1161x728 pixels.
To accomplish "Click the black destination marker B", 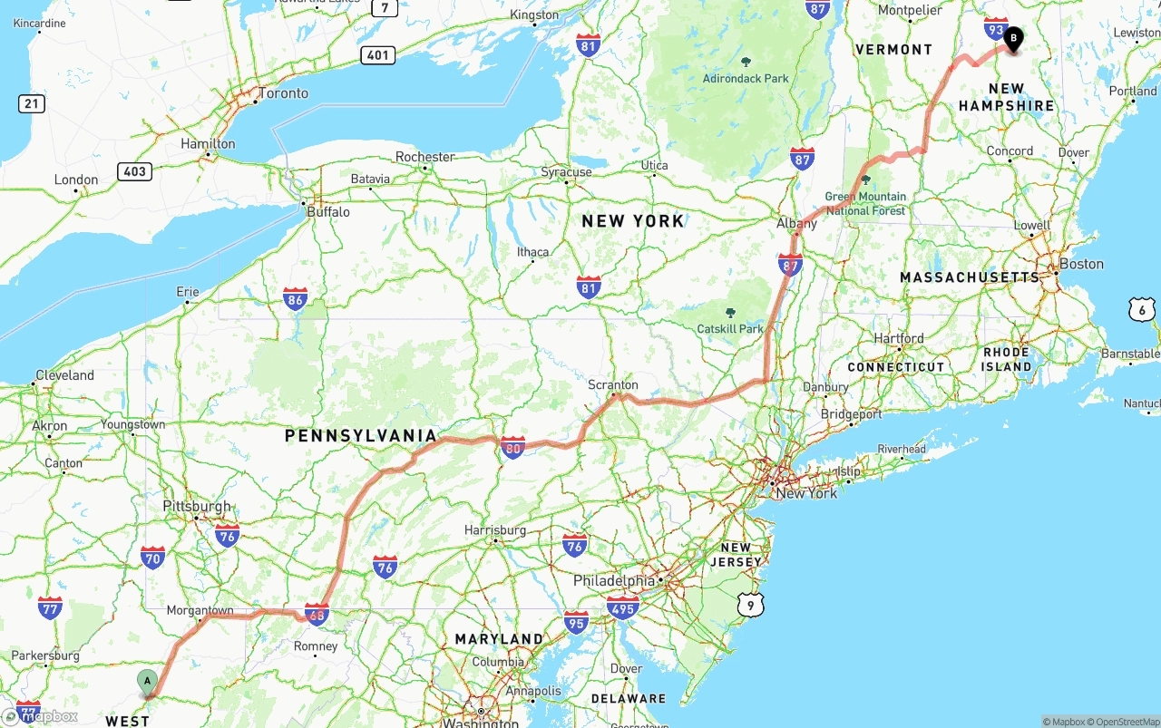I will click(x=1012, y=39).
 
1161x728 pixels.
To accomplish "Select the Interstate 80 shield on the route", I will click(x=513, y=446).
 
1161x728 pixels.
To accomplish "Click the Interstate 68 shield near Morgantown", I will click(x=317, y=614).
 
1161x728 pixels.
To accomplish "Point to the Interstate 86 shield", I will click(x=295, y=298).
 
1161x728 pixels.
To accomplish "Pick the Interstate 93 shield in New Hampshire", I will click(x=996, y=29).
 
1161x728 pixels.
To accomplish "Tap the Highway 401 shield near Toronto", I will click(x=377, y=55).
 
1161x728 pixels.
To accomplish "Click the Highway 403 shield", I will click(x=134, y=170).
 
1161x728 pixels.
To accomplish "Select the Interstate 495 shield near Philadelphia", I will click(x=623, y=607).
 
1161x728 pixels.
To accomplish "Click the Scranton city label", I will click(x=613, y=384).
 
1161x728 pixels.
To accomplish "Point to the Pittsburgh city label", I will click(x=197, y=506).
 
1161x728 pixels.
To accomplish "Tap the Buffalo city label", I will click(x=328, y=211).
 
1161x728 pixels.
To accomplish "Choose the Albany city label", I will click(x=796, y=223).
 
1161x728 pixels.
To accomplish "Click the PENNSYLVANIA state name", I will click(x=361, y=436).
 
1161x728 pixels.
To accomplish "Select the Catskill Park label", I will click(x=731, y=328).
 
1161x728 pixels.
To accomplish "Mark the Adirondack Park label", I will click(x=746, y=78).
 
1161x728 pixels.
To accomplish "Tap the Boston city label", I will click(x=1081, y=264).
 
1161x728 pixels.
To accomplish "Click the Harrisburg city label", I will click(x=495, y=529).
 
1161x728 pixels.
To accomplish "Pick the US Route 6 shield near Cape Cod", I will click(x=1143, y=309).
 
